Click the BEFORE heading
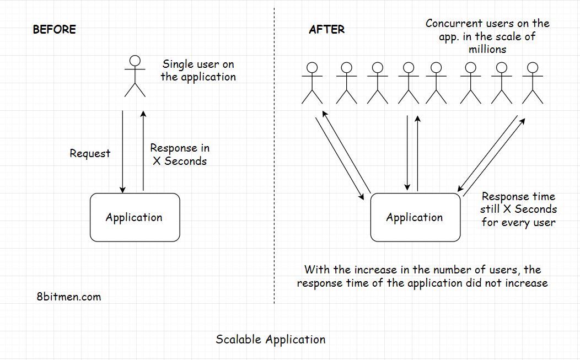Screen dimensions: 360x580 click(x=54, y=29)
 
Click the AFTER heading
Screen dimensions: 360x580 click(x=326, y=29)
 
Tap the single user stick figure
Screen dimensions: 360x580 click(x=135, y=77)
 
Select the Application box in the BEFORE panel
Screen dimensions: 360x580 click(x=135, y=217)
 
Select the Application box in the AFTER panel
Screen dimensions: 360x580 click(x=415, y=217)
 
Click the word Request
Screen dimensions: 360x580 click(x=90, y=154)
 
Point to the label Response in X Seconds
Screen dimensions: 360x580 click(x=180, y=154)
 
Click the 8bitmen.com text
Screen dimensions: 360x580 click(x=68, y=297)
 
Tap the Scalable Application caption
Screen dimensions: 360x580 click(x=270, y=339)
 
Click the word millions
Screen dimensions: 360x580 click(x=487, y=49)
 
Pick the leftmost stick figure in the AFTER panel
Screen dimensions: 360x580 click(x=312, y=83)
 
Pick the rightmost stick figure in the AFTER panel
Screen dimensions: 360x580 click(x=532, y=83)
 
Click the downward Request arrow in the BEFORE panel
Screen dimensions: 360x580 click(x=122, y=152)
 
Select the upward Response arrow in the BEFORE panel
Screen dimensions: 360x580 click(x=143, y=152)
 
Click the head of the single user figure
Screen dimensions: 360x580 click(x=135, y=61)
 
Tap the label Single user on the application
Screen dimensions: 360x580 click(x=198, y=71)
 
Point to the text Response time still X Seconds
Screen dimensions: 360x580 click(x=518, y=209)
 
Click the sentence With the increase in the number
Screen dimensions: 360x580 click(x=422, y=276)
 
